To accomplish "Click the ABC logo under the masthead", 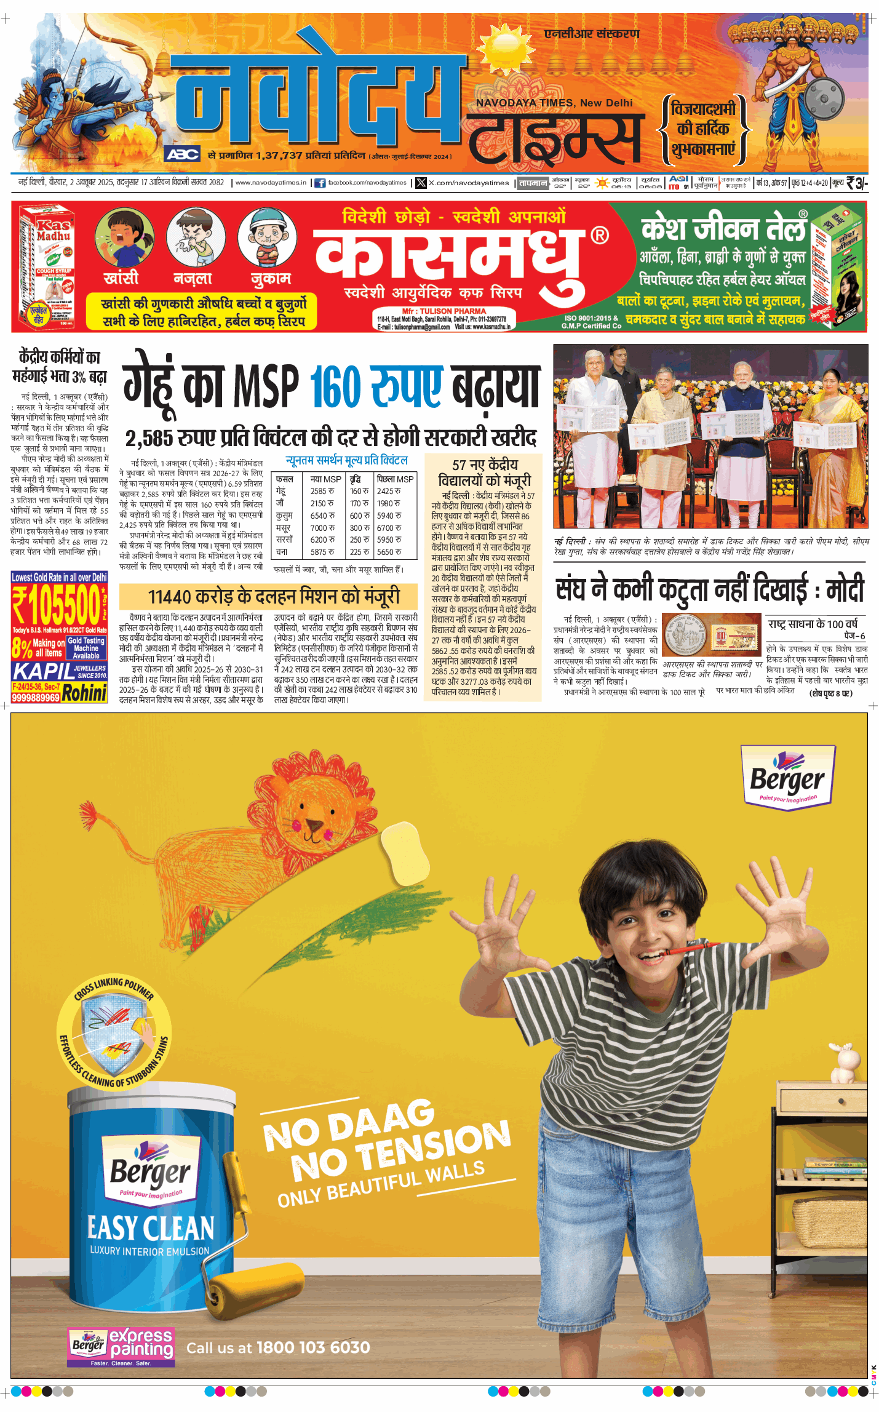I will [x=182, y=154].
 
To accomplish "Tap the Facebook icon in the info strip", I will [x=320, y=183].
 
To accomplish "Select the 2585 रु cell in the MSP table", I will [x=322, y=491].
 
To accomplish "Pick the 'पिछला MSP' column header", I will [x=395, y=479].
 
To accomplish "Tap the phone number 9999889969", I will [x=36, y=697].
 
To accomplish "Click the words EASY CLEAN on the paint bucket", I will [x=151, y=1227].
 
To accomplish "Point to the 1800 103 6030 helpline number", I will [x=313, y=1348].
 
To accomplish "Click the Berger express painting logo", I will [x=121, y=1347].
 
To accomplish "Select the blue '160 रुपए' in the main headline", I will [x=376, y=386].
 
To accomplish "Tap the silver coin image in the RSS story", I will [x=686, y=637].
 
